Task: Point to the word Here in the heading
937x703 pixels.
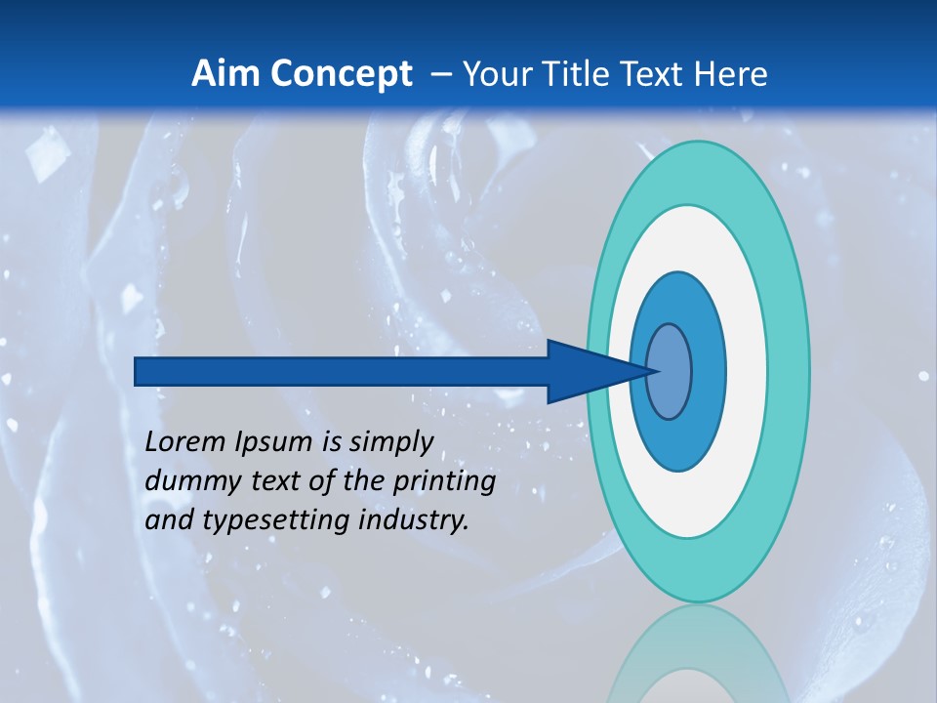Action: [x=731, y=74]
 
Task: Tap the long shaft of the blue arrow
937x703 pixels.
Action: [x=342, y=371]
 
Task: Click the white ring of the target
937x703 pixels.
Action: [x=747, y=371]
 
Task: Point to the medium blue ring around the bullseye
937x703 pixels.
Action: [x=708, y=371]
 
